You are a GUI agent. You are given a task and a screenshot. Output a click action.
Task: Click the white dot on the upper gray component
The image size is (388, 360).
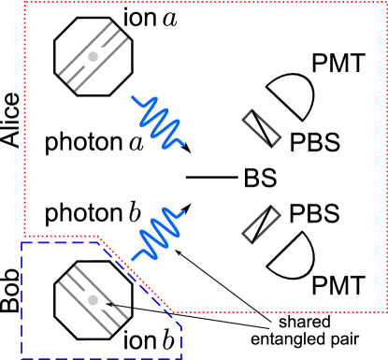(93, 57)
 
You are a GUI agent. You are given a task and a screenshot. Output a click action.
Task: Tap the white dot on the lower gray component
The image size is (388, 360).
(93, 300)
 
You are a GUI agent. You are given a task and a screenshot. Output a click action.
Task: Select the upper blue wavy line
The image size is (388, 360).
(159, 122)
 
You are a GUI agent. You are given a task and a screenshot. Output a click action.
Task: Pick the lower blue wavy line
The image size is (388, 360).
(158, 233)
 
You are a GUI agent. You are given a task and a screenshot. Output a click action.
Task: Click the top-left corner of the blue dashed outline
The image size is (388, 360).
(22, 242)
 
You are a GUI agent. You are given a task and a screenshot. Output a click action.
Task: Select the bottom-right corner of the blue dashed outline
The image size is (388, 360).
(181, 357)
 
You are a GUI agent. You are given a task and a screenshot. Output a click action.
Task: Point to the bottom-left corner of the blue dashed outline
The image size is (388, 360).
(22, 357)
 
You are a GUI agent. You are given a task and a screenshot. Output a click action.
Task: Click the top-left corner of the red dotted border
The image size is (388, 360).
(24, 3)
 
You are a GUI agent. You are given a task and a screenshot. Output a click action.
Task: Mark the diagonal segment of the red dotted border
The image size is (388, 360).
(136, 274)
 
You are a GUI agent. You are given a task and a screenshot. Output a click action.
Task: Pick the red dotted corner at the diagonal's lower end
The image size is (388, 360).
(172, 311)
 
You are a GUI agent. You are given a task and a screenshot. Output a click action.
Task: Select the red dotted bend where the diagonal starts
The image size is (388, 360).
(98, 237)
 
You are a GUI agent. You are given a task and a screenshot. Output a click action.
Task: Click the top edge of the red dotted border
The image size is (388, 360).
(206, 3)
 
